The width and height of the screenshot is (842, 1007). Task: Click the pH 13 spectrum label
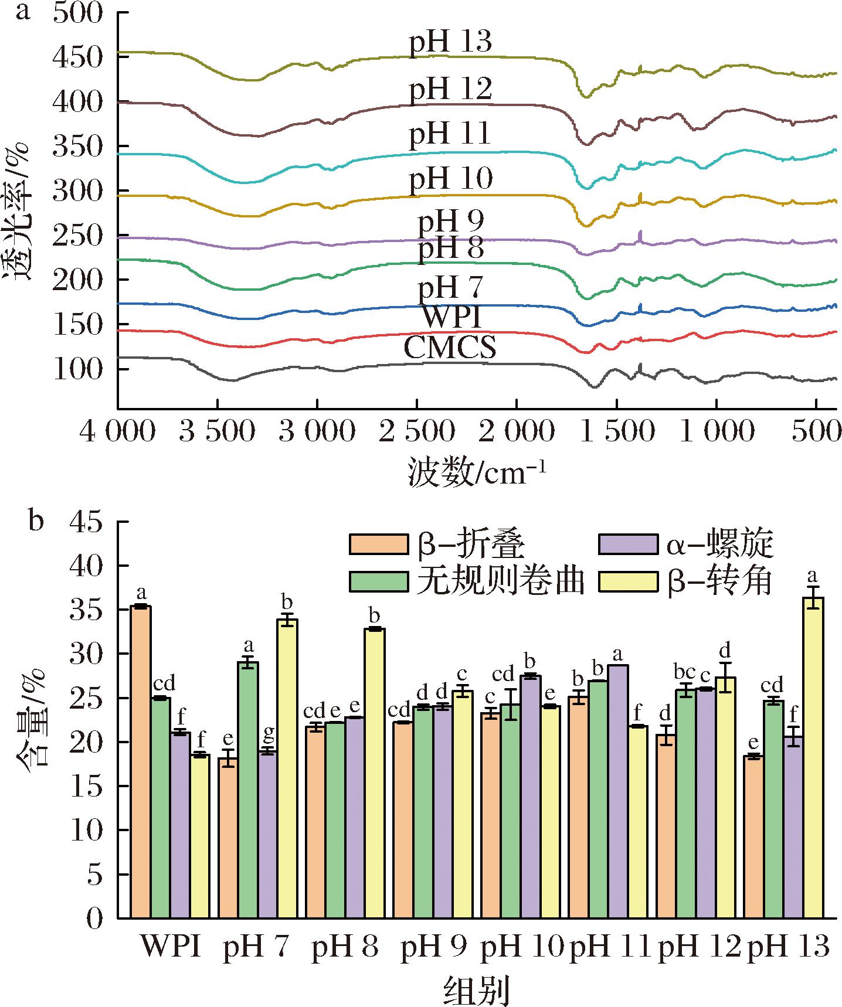tap(450, 43)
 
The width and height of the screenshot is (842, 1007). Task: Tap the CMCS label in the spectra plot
tap(450, 348)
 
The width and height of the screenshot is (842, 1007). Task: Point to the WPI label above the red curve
tap(452, 317)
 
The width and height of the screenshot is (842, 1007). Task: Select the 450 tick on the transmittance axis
tap(78, 57)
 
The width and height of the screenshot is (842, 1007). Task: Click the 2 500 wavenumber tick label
tap(416, 432)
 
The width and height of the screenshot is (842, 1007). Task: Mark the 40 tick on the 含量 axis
tap(86, 566)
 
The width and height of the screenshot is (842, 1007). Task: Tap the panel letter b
tap(36, 521)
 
